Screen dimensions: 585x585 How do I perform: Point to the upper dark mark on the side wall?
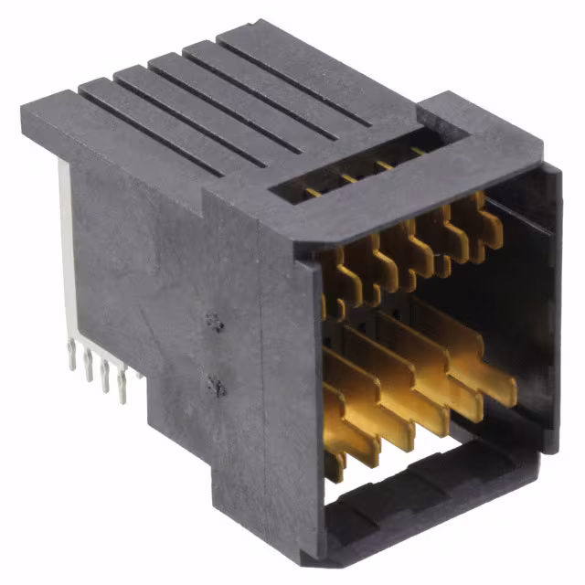point(216,322)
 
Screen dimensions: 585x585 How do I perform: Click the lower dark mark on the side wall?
point(218,387)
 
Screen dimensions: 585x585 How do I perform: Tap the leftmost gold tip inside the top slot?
point(314,193)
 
